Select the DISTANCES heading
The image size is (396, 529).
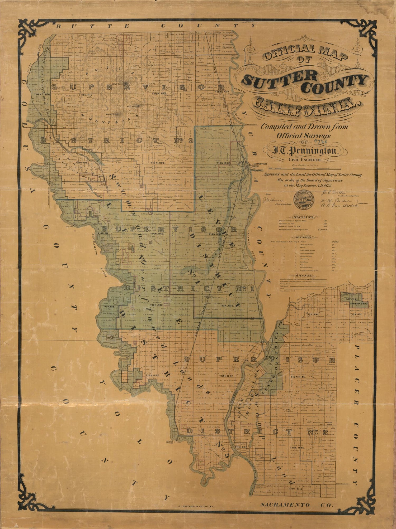[x=304, y=237]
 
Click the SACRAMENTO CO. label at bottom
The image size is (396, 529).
[x=297, y=504]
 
